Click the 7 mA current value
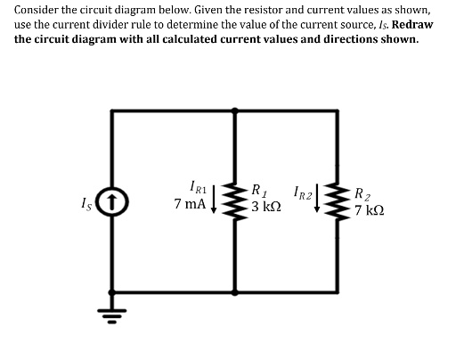[190, 205]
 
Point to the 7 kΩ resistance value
[369, 211]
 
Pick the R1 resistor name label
[259, 190]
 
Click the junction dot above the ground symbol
[112, 290]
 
